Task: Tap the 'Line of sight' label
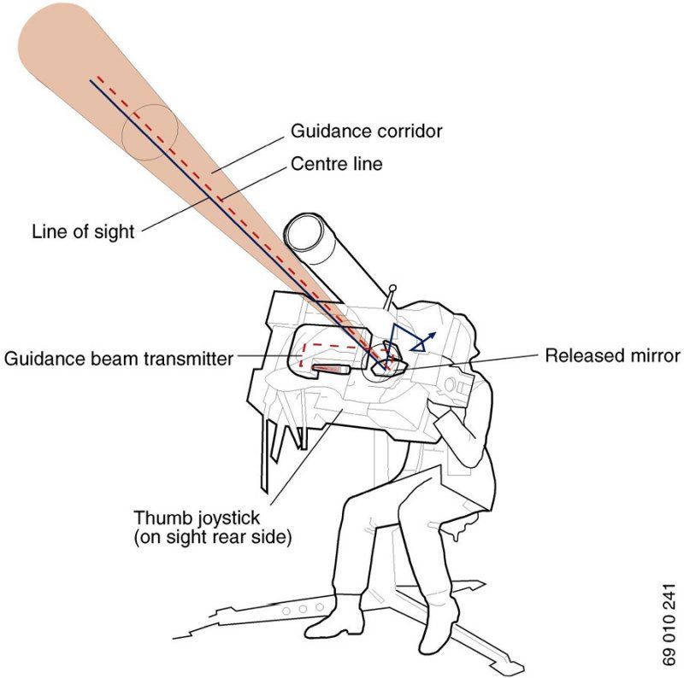(x=83, y=231)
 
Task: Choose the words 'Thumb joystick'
(x=198, y=518)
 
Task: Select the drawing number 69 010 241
(x=668, y=623)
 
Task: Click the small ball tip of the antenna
(x=392, y=289)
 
